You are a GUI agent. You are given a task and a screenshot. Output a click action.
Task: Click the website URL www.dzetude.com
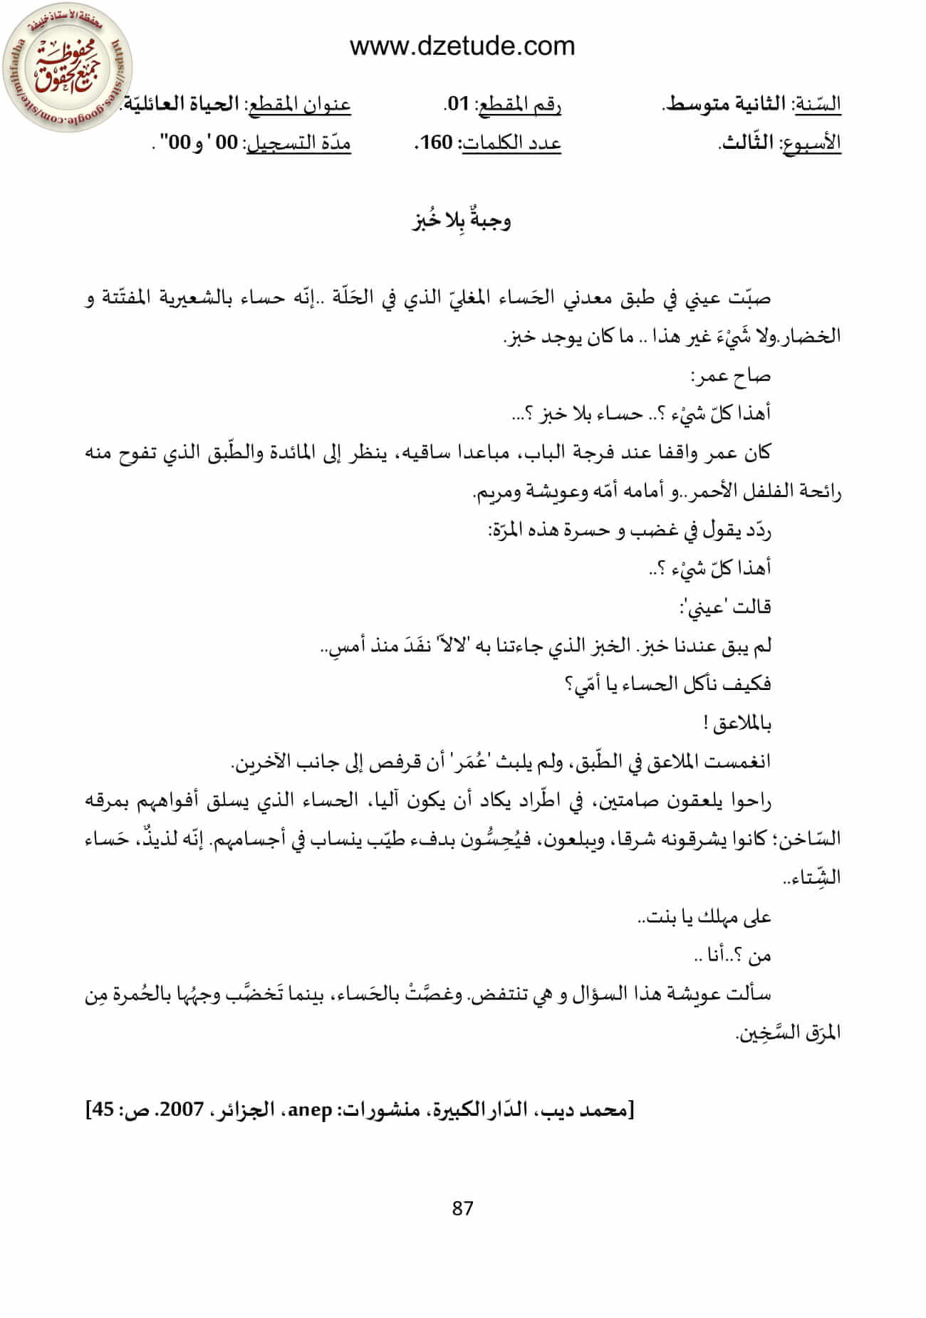tap(462, 46)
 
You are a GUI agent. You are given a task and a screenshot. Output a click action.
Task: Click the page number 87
tap(462, 1208)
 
